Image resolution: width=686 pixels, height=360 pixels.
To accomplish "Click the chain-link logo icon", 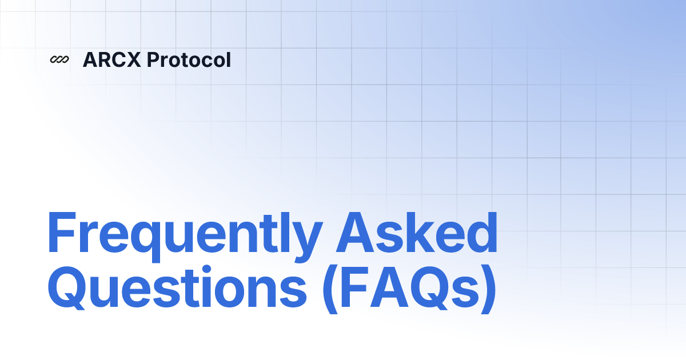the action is (x=59, y=59).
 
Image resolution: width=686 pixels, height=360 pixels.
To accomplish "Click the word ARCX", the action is (x=112, y=59).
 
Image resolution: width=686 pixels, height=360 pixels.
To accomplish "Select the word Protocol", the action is (x=189, y=59).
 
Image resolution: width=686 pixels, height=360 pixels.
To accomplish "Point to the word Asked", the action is (x=417, y=232).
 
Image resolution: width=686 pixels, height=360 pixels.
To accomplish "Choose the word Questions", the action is (x=177, y=287).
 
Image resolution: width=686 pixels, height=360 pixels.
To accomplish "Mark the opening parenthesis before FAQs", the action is (x=331, y=289).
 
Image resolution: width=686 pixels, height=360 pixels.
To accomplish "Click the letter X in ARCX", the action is (x=133, y=59).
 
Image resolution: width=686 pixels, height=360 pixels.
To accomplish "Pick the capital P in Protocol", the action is (x=153, y=59).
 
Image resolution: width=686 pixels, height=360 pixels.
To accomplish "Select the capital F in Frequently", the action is (x=62, y=232).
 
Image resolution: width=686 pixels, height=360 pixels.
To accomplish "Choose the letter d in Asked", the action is (x=481, y=232).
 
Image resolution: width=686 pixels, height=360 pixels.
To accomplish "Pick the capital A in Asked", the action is (x=355, y=232).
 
